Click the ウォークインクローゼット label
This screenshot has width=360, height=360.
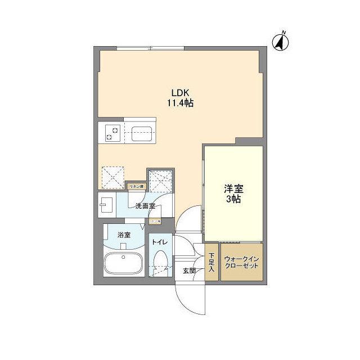tap(241, 262)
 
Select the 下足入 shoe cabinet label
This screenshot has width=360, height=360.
tap(211, 262)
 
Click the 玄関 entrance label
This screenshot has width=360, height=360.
tap(188, 271)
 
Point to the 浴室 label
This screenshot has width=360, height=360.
tap(124, 235)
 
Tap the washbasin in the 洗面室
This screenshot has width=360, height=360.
tap(106, 205)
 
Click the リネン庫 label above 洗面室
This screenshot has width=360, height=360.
tap(136, 187)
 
